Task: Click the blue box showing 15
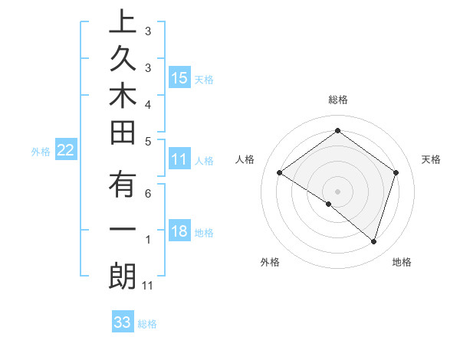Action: [179, 77]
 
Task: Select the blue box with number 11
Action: [179, 159]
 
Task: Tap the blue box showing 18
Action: [179, 231]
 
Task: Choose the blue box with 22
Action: [65, 150]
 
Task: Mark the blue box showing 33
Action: [123, 322]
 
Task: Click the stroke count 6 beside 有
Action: [148, 194]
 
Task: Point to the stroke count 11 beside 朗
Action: [148, 286]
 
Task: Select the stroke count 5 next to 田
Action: [148, 142]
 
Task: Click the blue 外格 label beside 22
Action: [41, 152]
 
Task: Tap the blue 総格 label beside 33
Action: [147, 324]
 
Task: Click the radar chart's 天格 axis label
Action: [431, 159]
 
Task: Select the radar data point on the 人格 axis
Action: [280, 173]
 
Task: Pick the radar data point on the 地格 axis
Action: [373, 241]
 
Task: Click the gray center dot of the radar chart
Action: [337, 191]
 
